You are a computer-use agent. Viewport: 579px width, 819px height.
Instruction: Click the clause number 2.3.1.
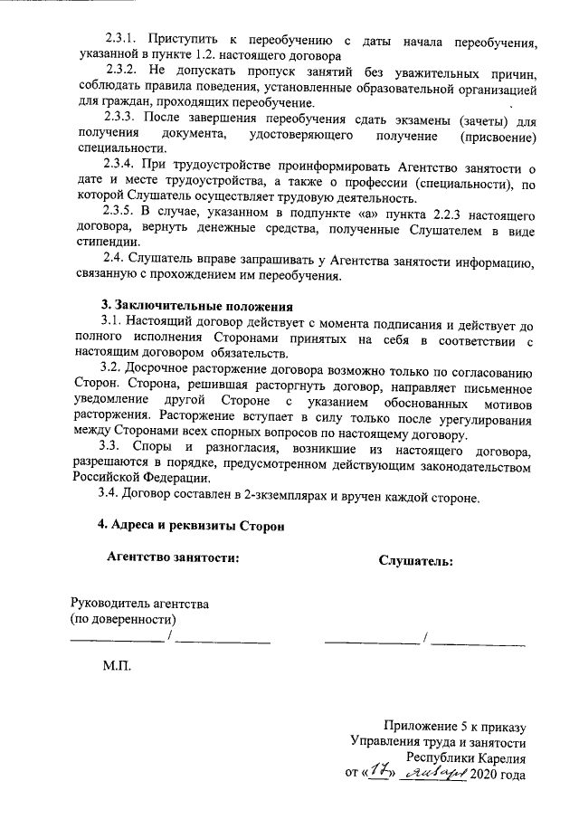[x=119, y=41]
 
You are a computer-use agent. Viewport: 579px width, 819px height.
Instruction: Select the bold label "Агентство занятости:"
[x=174, y=558]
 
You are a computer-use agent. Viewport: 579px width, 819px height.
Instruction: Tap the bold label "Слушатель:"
[x=415, y=561]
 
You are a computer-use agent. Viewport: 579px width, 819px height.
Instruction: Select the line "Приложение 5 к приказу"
[x=454, y=726]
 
